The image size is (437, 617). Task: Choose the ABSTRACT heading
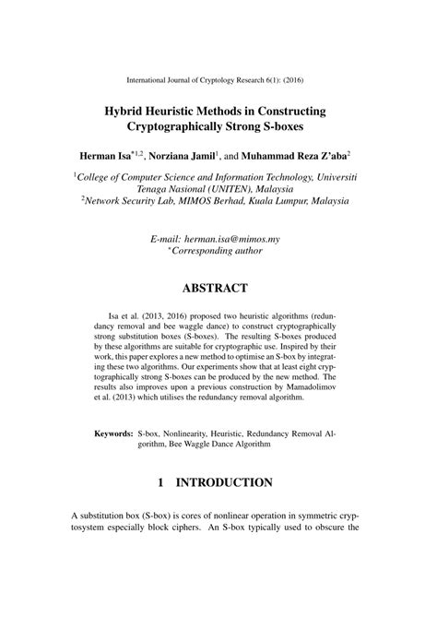[x=218, y=288]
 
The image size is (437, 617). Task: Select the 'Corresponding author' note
[x=220, y=250]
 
